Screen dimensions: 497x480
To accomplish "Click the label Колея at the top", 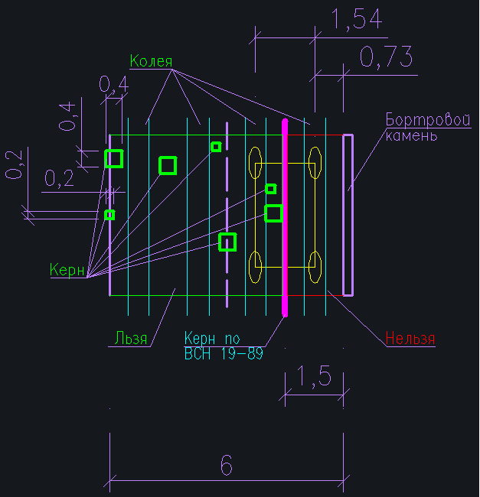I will pos(151,62).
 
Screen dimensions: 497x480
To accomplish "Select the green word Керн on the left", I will pos(67,270).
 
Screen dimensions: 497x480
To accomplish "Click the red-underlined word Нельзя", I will pos(410,339).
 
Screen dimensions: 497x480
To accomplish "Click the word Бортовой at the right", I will pos(427,120).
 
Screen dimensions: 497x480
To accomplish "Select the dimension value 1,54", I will pos(356,21).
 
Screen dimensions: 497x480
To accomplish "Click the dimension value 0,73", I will pos(386,57).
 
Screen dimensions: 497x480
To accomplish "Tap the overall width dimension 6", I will pos(226,465).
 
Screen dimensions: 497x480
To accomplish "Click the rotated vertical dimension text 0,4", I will pos(69,115).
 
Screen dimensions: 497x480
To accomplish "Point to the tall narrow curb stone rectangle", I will pos(348,215).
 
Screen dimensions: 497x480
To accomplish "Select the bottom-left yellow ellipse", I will pos(256,267).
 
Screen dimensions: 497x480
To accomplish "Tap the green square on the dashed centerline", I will pos(227,242).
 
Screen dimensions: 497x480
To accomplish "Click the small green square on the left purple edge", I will pos(109,215).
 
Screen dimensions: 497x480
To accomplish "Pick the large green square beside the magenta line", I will pos(273,213).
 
